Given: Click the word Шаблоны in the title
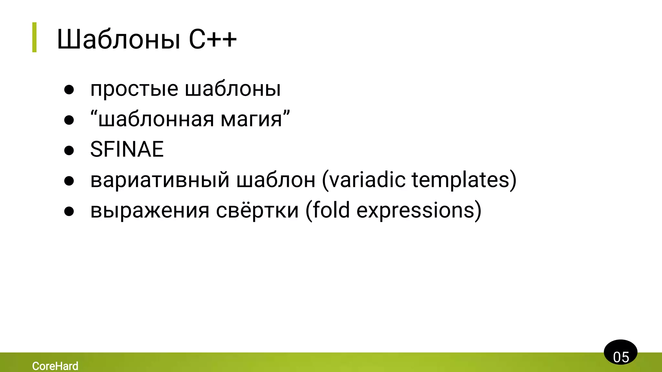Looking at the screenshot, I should [118, 40].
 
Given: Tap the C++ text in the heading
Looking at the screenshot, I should [213, 40].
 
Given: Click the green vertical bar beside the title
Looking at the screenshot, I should [34, 37].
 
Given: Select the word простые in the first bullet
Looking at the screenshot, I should [134, 89].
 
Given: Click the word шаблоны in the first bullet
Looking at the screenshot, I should [233, 89].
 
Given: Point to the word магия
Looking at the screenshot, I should [251, 119].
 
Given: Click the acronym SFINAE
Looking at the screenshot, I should [127, 150].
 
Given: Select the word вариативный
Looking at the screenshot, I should [160, 180].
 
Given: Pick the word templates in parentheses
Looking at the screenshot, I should [461, 180].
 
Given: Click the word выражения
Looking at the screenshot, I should [150, 211].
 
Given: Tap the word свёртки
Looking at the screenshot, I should [257, 211].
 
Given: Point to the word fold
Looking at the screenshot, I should [331, 211].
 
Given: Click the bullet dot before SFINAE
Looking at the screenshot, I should [69, 150].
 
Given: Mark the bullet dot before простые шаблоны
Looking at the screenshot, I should [69, 90].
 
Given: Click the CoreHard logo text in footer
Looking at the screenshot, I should [55, 366].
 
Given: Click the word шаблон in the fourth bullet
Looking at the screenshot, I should [276, 180].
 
